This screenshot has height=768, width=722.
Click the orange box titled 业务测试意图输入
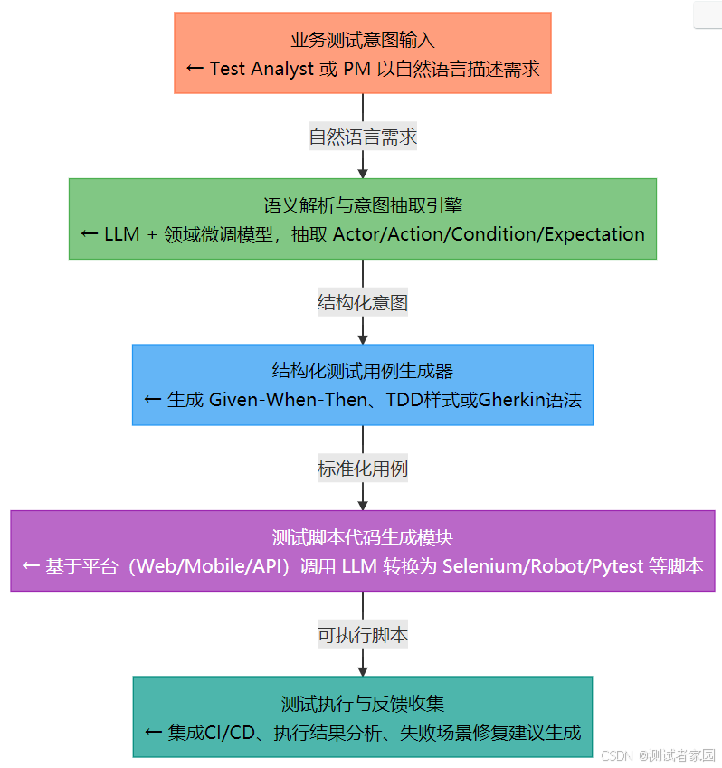click(362, 52)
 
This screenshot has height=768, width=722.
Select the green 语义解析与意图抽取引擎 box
click(362, 218)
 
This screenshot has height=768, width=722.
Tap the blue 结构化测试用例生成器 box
click(362, 384)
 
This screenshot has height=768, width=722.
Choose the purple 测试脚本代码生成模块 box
click(362, 550)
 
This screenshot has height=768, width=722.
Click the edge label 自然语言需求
click(362, 137)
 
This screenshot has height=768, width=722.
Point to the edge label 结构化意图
click(362, 303)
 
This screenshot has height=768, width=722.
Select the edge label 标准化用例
click(362, 469)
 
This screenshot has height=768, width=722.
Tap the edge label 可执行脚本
click(362, 635)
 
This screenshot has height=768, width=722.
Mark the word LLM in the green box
click(122, 234)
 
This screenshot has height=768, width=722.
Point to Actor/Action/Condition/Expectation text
click(489, 234)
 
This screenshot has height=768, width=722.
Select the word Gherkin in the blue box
click(508, 400)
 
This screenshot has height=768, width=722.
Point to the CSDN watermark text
click(614, 755)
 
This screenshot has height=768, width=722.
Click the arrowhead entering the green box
click(362, 172)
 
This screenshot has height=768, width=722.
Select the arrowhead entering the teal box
click(362, 669)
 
